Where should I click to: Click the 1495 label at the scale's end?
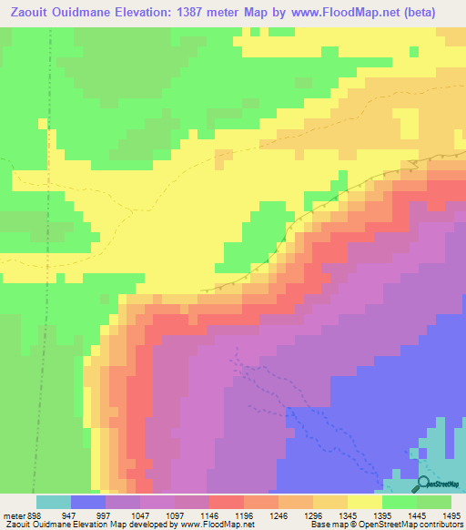click(450, 515)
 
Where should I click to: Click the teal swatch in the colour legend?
click(54, 502)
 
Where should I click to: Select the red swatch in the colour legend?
click(227, 502)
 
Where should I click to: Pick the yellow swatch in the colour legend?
click(365, 502)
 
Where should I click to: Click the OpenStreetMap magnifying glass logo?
click(424, 484)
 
